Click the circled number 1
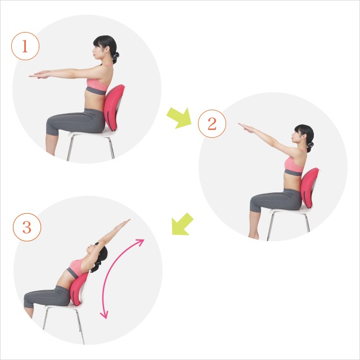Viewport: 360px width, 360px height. coord(25,46)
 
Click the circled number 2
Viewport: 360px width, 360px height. coord(212,124)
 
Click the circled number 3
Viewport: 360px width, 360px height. coord(27,227)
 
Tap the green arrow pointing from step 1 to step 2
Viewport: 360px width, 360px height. coord(179,118)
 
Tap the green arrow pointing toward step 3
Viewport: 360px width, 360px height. coord(182,224)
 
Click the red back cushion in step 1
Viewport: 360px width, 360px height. coord(114,107)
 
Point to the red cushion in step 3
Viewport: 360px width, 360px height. coord(79,289)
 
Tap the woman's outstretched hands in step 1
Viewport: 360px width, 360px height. coord(39,75)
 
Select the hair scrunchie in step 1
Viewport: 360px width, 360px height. coord(115,56)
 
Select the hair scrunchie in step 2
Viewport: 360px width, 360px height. coord(310,145)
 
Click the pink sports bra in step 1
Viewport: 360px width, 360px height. coord(97,84)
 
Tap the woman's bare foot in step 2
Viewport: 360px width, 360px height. coord(254,236)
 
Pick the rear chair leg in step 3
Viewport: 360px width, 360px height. coord(80,326)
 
